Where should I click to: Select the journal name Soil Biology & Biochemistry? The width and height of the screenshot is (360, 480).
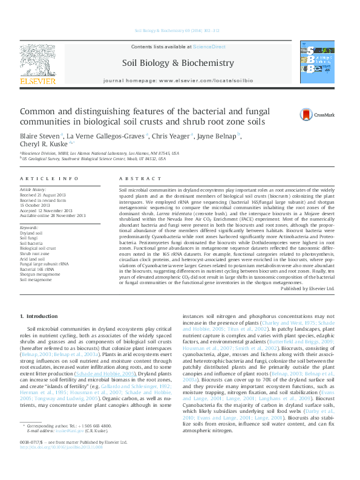pyautogui.click(x=178, y=62)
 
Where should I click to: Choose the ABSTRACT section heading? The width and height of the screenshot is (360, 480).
pyautogui.click(x=132, y=179)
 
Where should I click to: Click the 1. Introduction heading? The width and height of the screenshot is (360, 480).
pyautogui.click(x=39, y=317)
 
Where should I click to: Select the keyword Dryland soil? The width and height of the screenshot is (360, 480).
pyautogui.click(x=31, y=232)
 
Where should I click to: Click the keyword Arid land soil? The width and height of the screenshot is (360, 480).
pyautogui.click(x=33, y=258)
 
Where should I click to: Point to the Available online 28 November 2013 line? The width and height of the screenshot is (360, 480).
pyautogui.click(x=53, y=215)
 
